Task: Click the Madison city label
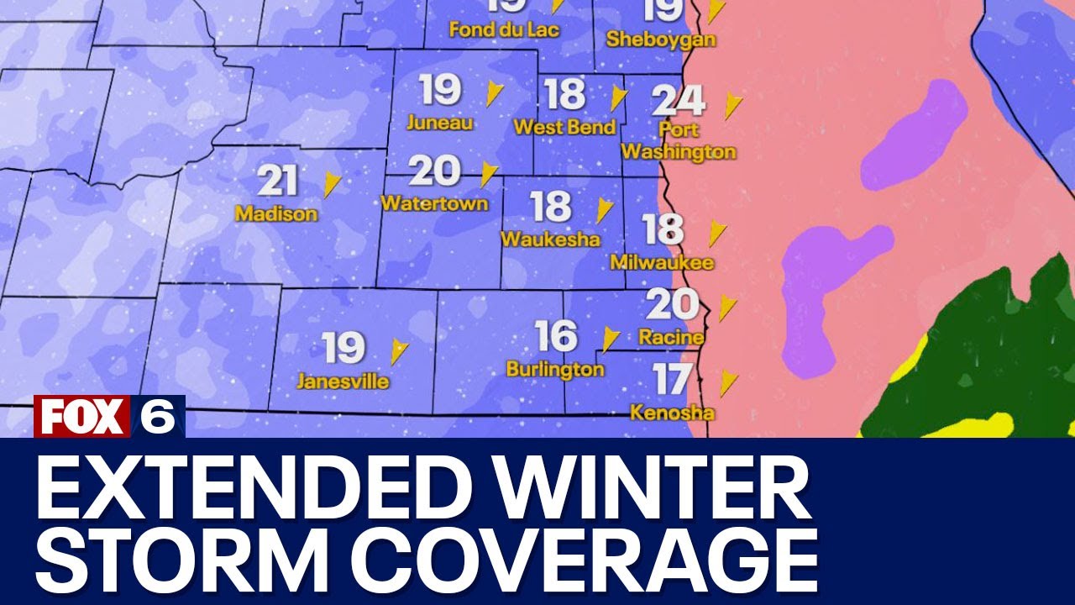[276, 214]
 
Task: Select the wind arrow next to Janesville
[399, 351]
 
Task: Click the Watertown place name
[434, 204]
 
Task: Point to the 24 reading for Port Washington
[679, 101]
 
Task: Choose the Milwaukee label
[662, 263]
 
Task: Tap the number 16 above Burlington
[556, 337]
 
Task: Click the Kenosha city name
[673, 413]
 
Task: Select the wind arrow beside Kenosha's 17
[728, 383]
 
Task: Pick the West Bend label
[564, 128]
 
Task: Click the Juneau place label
[439, 123]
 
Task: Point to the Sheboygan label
[661, 39]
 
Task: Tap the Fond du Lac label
[504, 30]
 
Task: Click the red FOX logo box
[82, 417]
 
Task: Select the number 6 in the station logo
[158, 417]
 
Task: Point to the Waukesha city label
[550, 239]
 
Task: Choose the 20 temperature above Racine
[672, 304]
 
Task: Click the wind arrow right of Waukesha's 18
[604, 210]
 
